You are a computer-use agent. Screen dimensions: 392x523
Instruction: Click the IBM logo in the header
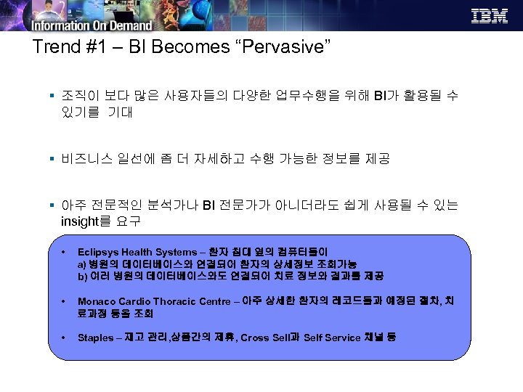pyautogui.click(x=490, y=16)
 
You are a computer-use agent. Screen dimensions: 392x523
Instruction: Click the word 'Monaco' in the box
pyautogui.click(x=96, y=301)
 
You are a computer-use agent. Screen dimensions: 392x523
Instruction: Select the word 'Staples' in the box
pyautogui.click(x=94, y=338)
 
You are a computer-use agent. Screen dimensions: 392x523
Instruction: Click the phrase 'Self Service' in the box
pyautogui.click(x=333, y=338)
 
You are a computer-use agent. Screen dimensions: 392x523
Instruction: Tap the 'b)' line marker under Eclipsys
pyautogui.click(x=82, y=277)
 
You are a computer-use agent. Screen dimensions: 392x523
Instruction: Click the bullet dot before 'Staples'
pyautogui.click(x=64, y=338)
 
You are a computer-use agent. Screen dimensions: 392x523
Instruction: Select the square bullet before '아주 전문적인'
pyautogui.click(x=54, y=205)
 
